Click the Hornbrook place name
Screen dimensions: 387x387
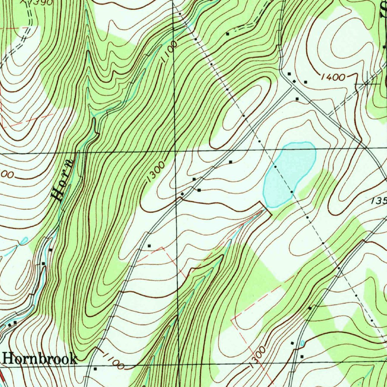pyautogui.click(x=40, y=359)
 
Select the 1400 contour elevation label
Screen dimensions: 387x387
pyautogui.click(x=333, y=77)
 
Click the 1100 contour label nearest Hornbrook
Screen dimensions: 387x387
pyautogui.click(x=113, y=361)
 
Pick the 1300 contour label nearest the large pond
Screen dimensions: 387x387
pyautogui.click(x=155, y=172)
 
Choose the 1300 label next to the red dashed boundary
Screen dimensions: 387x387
pyautogui.click(x=257, y=358)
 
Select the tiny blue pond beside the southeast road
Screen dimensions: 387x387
pyautogui.click(x=303, y=343)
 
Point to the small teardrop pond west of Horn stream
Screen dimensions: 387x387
pyautogui.click(x=23, y=240)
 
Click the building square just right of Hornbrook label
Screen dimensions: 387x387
pyautogui.click(x=95, y=368)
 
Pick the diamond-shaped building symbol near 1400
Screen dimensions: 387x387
pyautogui.click(x=294, y=81)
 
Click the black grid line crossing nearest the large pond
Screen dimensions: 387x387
pyautogui.click(x=175, y=152)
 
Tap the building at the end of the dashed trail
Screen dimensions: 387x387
pyautogui.click(x=228, y=34)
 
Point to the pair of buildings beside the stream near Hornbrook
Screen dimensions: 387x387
pyautogui.click(x=12, y=323)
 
